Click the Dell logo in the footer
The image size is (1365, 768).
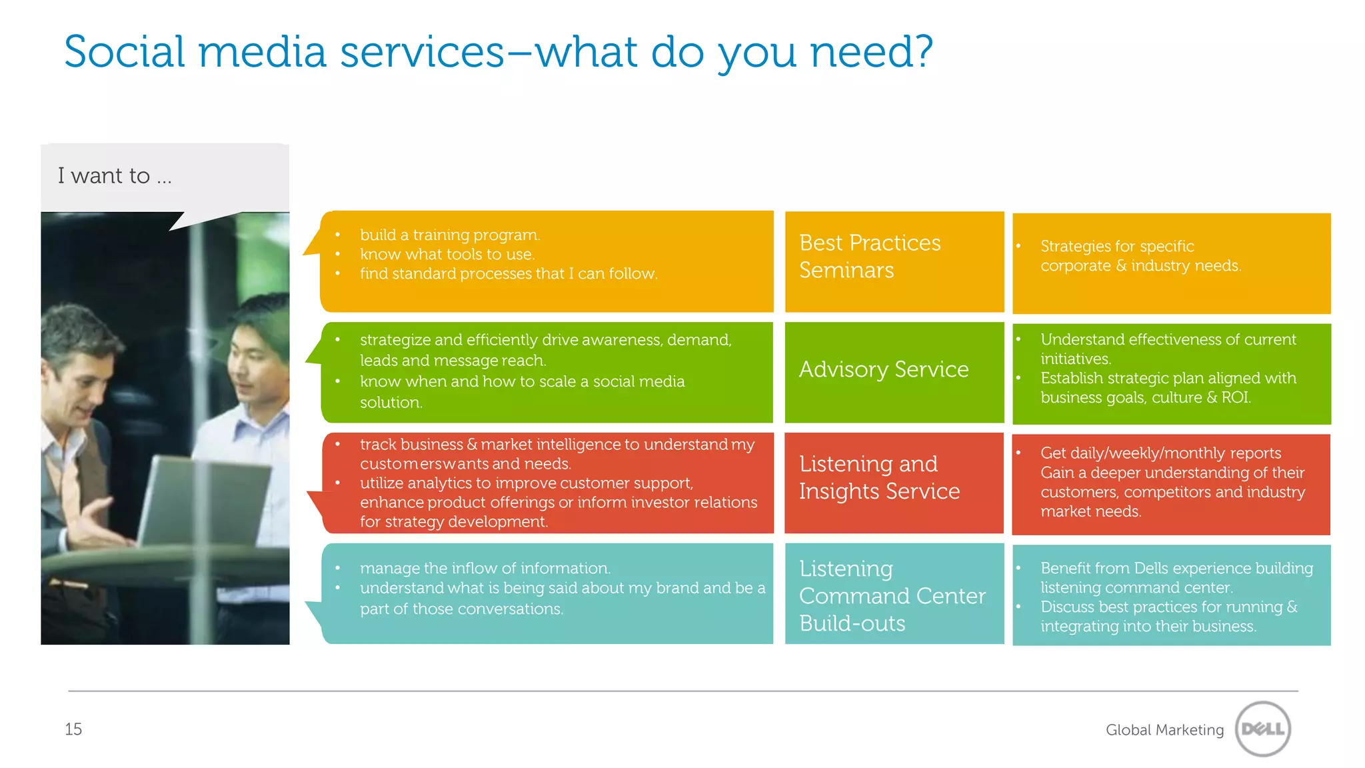coord(1262,729)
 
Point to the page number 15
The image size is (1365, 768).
coord(73,729)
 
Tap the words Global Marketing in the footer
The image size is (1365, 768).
coord(1164,730)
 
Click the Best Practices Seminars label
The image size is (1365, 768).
coord(869,257)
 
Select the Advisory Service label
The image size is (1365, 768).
coord(883,369)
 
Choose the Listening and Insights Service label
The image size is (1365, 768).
coord(878,477)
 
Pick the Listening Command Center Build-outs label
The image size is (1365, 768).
coord(891,595)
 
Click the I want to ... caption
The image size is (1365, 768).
coord(115,176)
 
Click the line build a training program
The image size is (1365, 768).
coord(450,235)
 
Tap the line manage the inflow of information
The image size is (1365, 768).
coord(485,568)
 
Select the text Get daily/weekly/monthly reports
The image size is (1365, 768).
coord(1160,453)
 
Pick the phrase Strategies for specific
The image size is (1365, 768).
coord(1117,246)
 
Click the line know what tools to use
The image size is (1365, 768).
coord(447,254)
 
